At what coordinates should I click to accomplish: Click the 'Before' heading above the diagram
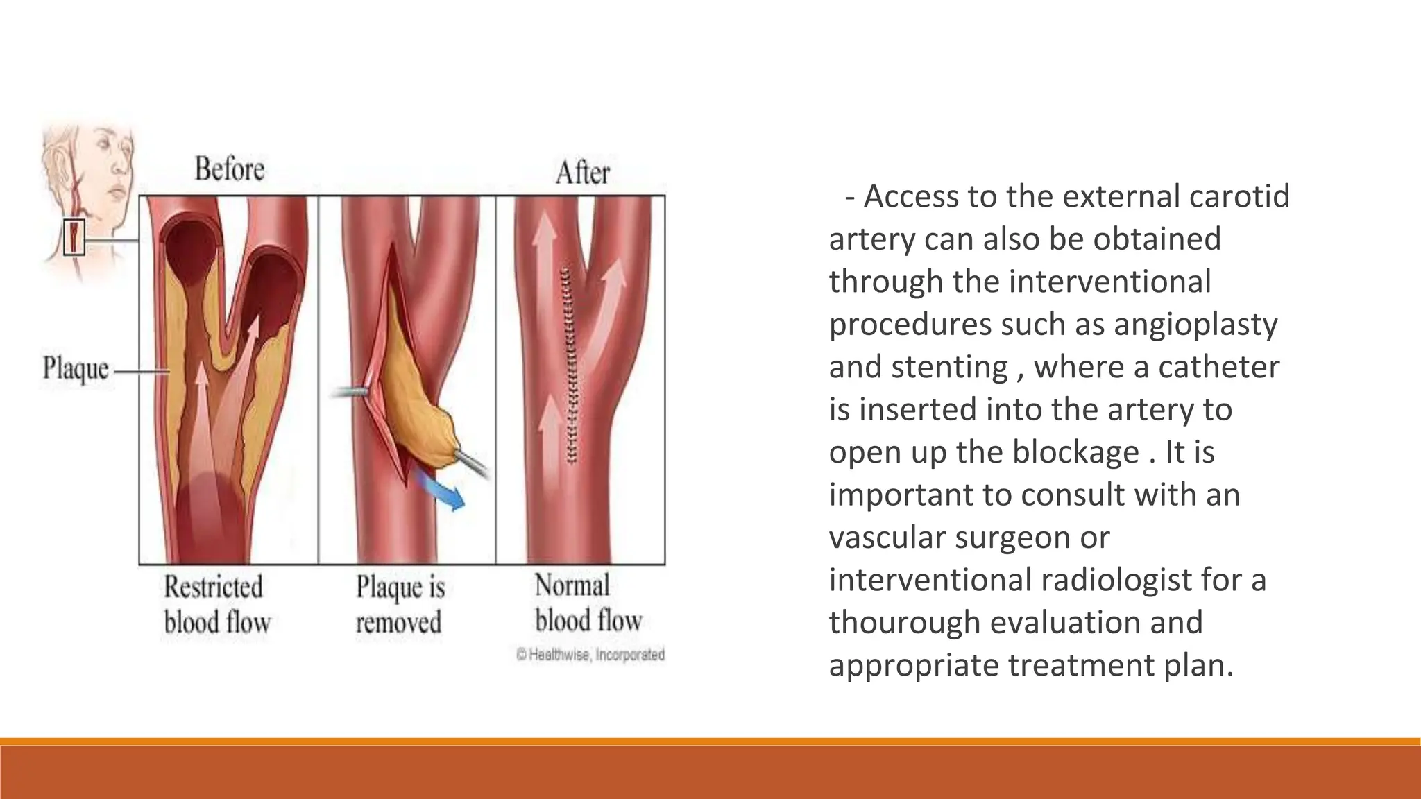[x=230, y=169]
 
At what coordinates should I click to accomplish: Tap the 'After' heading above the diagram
[x=583, y=173]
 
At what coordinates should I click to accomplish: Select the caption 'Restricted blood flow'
[x=216, y=605]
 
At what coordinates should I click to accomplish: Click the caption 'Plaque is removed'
[x=400, y=605]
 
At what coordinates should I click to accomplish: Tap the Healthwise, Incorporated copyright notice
[x=590, y=655]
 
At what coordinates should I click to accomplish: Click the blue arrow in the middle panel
[x=441, y=490]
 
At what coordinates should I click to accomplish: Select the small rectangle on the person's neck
[x=74, y=237]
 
